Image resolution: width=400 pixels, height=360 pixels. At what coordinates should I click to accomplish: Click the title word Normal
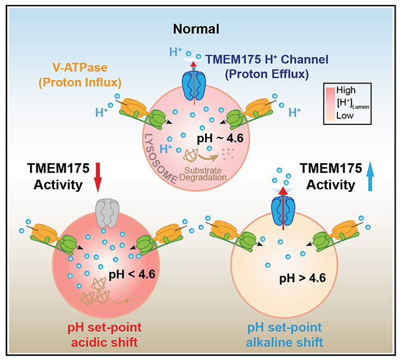pyautogui.click(x=201, y=29)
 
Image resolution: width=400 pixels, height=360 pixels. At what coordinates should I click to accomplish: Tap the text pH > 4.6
pyautogui.click(x=303, y=278)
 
